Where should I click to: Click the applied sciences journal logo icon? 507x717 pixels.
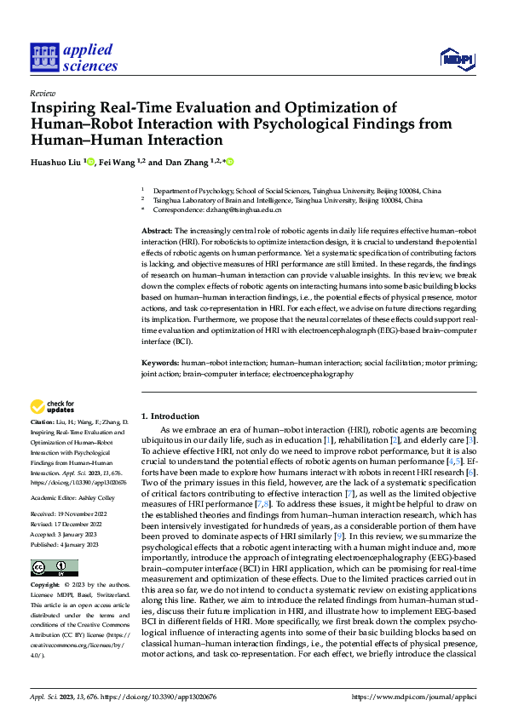pyautogui.click(x=43, y=57)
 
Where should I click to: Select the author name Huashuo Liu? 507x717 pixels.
pyautogui.click(x=55, y=161)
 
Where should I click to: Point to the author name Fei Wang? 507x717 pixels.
pyautogui.click(x=115, y=161)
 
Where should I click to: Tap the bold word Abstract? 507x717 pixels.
pyautogui.click(x=157, y=232)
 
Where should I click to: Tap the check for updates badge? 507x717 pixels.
pyautogui.click(x=53, y=406)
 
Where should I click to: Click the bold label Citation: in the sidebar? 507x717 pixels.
pyautogui.click(x=42, y=422)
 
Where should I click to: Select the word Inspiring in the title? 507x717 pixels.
pyautogui.click(x=66, y=108)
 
